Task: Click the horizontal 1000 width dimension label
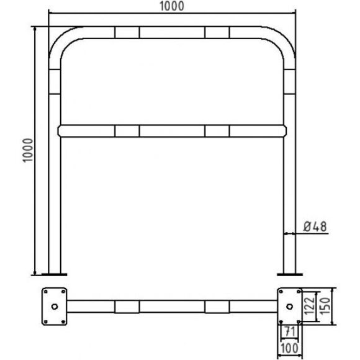point(172,6)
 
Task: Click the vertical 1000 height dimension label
point(28,150)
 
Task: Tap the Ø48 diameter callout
point(315,227)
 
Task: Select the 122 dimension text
point(309,305)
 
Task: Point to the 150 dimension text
point(325,306)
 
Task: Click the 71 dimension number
point(290,331)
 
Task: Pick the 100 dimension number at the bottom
point(289,348)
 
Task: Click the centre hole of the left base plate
point(55,306)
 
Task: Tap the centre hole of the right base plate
point(290,306)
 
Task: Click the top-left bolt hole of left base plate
point(46,292)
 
